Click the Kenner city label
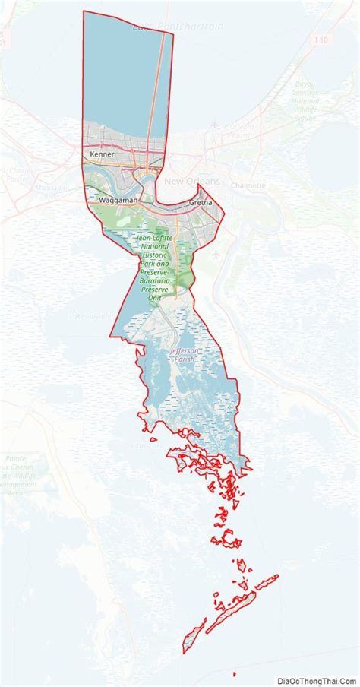tap(102, 154)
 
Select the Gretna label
tap(200, 204)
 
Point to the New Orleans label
tap(191, 181)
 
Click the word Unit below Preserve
tap(155, 299)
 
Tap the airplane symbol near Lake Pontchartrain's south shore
tap(216, 123)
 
